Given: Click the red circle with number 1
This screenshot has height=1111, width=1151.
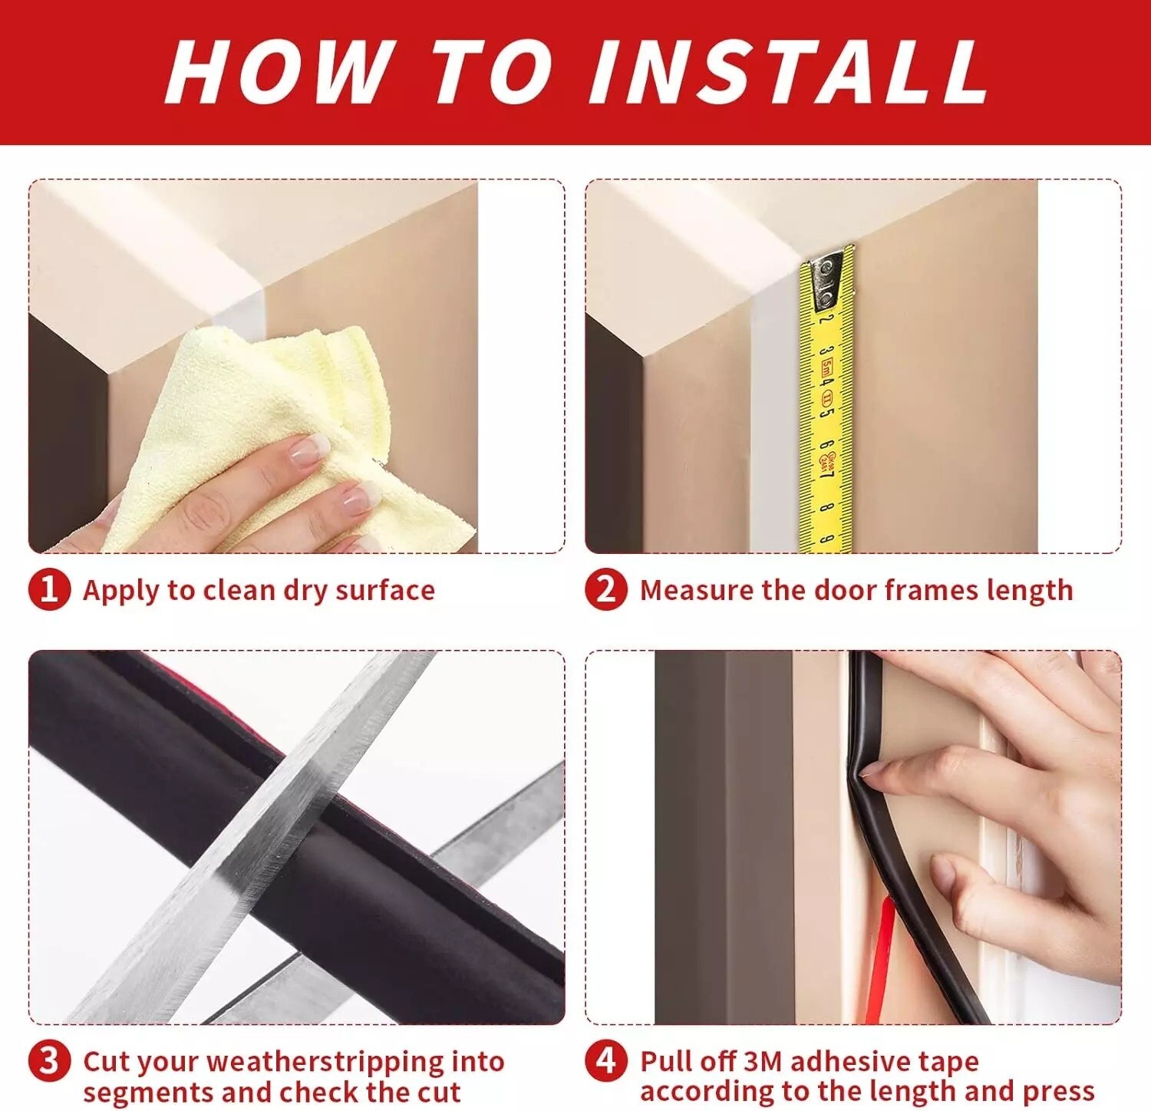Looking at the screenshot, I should click(x=49, y=589).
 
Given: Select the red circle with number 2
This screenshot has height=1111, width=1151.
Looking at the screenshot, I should click(x=605, y=589).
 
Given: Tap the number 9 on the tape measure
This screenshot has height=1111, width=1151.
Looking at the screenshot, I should click(x=827, y=539).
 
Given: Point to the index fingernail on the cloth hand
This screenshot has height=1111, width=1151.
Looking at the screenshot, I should click(x=309, y=448).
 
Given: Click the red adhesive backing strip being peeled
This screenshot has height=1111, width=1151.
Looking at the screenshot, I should click(x=882, y=959).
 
